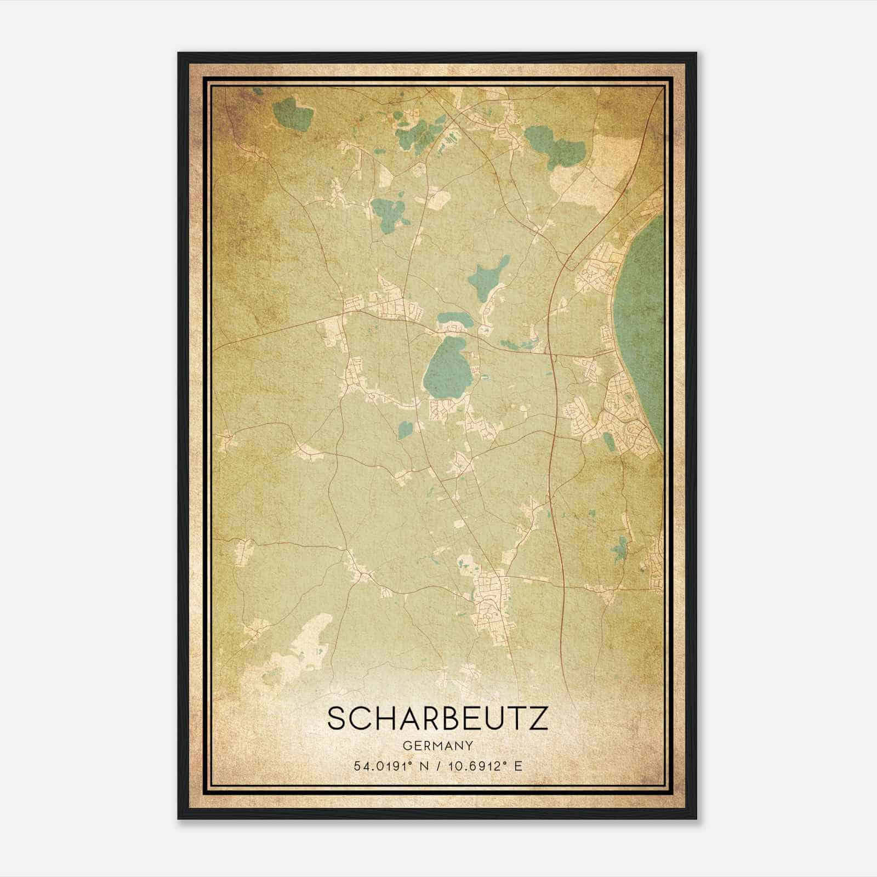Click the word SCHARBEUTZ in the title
[x=437, y=719]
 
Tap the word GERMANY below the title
[x=437, y=745]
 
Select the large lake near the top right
[x=554, y=144]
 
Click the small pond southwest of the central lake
[x=405, y=430]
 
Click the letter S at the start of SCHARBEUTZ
[x=338, y=719]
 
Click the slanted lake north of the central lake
[x=487, y=277]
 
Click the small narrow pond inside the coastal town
[x=608, y=441]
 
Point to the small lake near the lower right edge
[x=620, y=548]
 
